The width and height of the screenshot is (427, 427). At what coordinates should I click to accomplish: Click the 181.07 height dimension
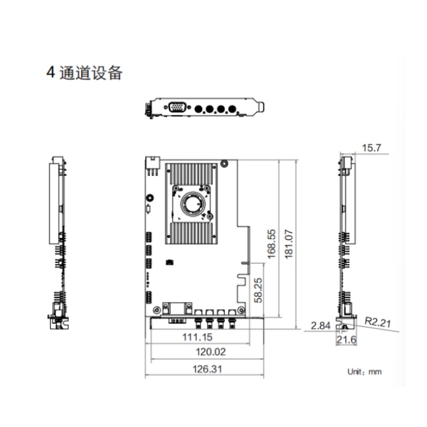coord(289,244)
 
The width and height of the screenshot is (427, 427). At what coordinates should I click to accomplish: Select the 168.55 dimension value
coord(272,244)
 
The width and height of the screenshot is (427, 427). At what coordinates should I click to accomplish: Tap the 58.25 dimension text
coord(258,290)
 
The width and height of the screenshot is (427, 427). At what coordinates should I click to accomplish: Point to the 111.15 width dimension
coord(197,337)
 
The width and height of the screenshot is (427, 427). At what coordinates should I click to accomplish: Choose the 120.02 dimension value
coord(211,352)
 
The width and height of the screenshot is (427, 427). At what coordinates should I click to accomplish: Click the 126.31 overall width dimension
coord(207,369)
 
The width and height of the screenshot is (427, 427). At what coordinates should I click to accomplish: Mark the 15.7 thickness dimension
coord(371,148)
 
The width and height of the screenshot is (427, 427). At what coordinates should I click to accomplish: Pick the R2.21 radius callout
coord(378,322)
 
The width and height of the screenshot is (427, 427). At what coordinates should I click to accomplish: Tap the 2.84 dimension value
coord(321,326)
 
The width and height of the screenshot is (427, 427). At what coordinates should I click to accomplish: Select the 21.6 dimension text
coord(346,340)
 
